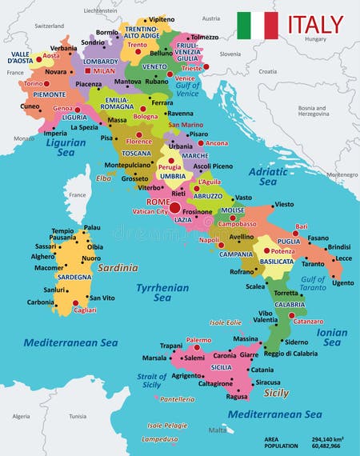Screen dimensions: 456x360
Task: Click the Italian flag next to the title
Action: click(258, 25)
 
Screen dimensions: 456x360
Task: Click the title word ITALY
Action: click(315, 25)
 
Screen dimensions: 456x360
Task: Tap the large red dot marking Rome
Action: click(174, 207)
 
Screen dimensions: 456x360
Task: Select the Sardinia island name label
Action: click(118, 268)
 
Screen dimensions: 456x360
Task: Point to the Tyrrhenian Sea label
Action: click(163, 293)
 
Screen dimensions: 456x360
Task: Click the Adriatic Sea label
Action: click(268, 176)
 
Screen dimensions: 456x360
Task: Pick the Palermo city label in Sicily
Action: click(198, 340)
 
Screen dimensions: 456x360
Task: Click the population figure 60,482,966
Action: click(329, 447)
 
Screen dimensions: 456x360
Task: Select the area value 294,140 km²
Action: click(329, 439)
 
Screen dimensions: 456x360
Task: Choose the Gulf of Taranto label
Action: click(313, 284)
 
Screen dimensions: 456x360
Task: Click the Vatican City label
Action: click(150, 212)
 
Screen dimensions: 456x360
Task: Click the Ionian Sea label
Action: click(333, 337)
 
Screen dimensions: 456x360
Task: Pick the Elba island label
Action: click(104, 178)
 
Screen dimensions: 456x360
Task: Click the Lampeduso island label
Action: click(160, 439)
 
